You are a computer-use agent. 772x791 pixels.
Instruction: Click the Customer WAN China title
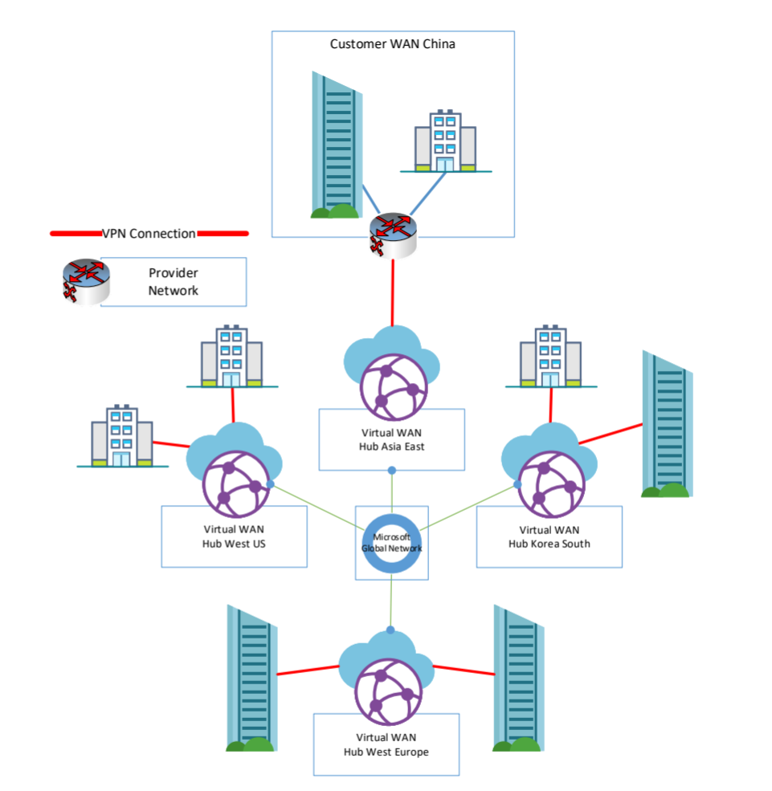click(x=392, y=44)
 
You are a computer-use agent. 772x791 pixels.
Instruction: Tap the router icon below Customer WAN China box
click(x=392, y=234)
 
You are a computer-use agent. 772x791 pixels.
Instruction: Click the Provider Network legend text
click(x=173, y=282)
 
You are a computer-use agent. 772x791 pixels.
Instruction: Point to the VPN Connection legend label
click(x=149, y=234)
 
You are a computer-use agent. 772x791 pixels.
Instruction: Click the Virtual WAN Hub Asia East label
click(x=392, y=439)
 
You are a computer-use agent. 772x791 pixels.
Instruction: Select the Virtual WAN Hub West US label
click(x=234, y=536)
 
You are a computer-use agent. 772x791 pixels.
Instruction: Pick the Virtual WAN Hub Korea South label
click(x=549, y=536)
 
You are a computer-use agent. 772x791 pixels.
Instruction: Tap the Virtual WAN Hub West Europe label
click(x=386, y=744)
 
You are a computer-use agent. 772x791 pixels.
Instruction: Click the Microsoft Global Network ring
click(x=391, y=543)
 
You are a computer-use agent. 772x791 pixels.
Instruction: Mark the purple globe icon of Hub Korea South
click(x=547, y=485)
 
